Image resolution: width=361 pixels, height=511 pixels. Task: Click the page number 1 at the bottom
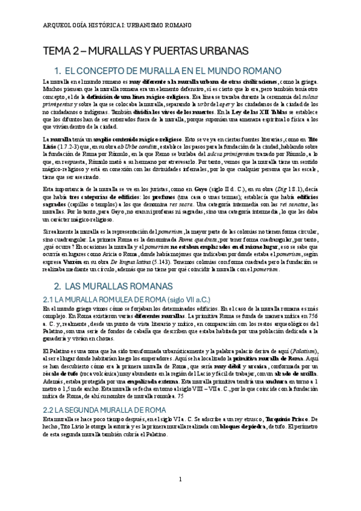(180, 480)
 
